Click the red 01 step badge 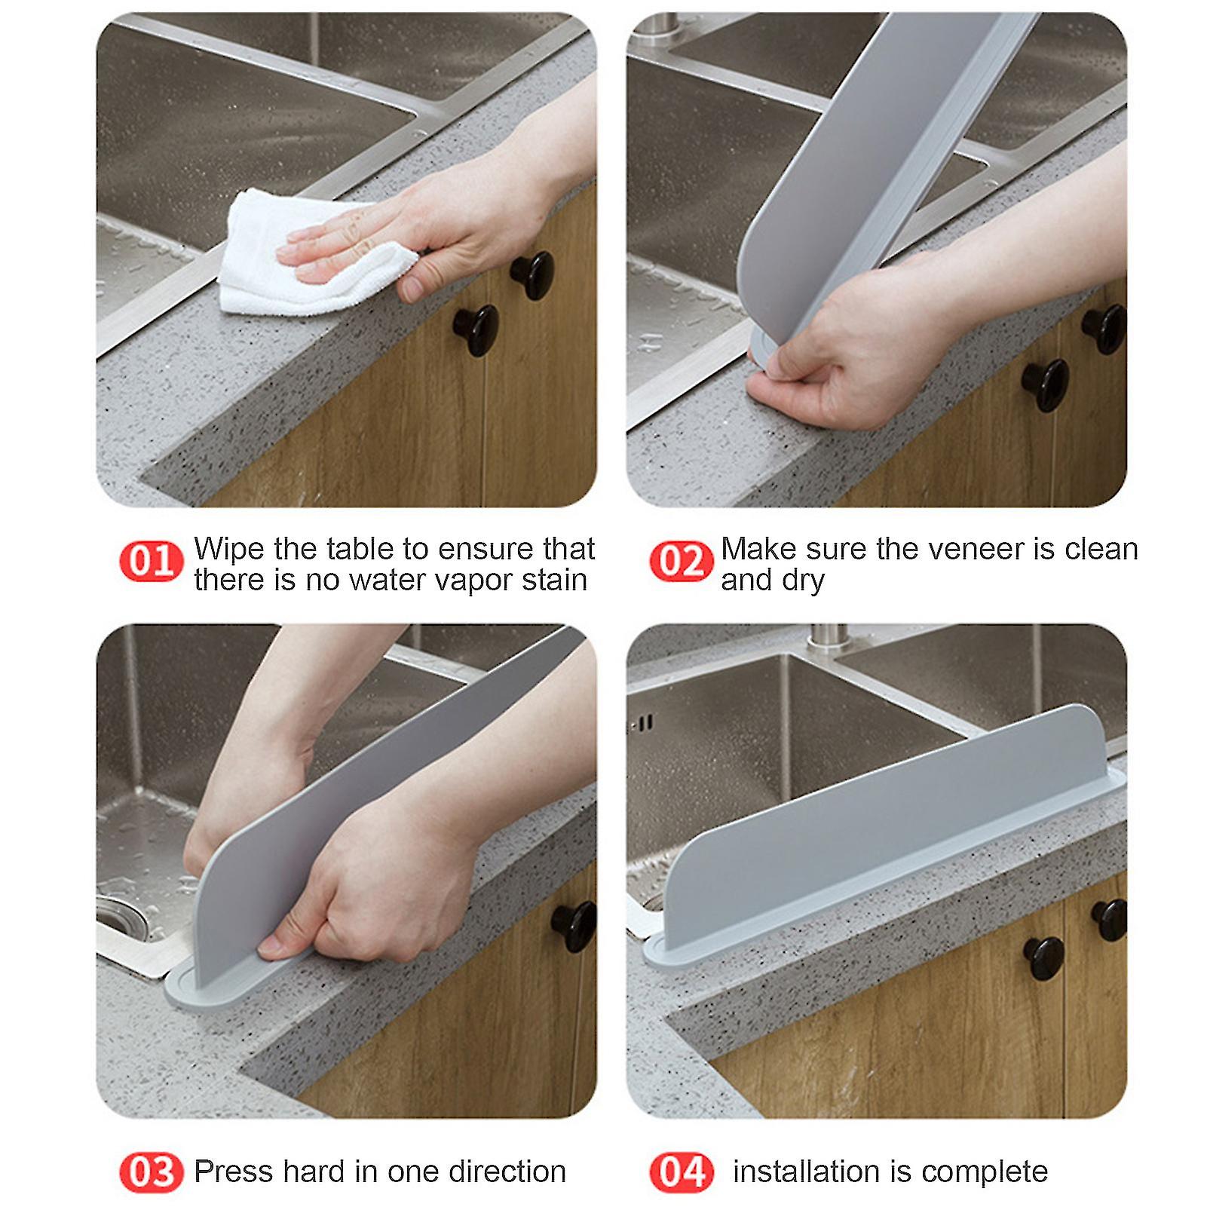click(x=152, y=562)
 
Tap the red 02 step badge click(x=681, y=562)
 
